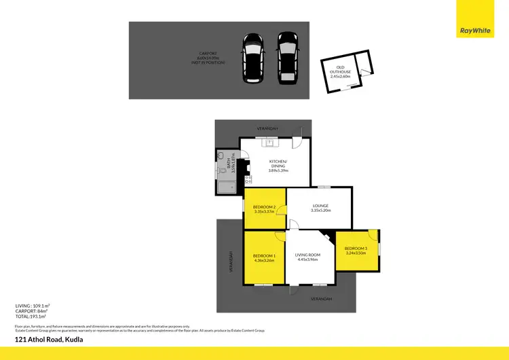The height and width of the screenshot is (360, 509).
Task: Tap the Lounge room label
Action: tap(320, 206)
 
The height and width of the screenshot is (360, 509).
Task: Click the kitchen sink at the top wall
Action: tap(269, 143)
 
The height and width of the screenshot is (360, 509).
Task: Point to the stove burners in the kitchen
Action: tap(248, 180)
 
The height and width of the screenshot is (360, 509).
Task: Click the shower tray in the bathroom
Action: tap(225, 185)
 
